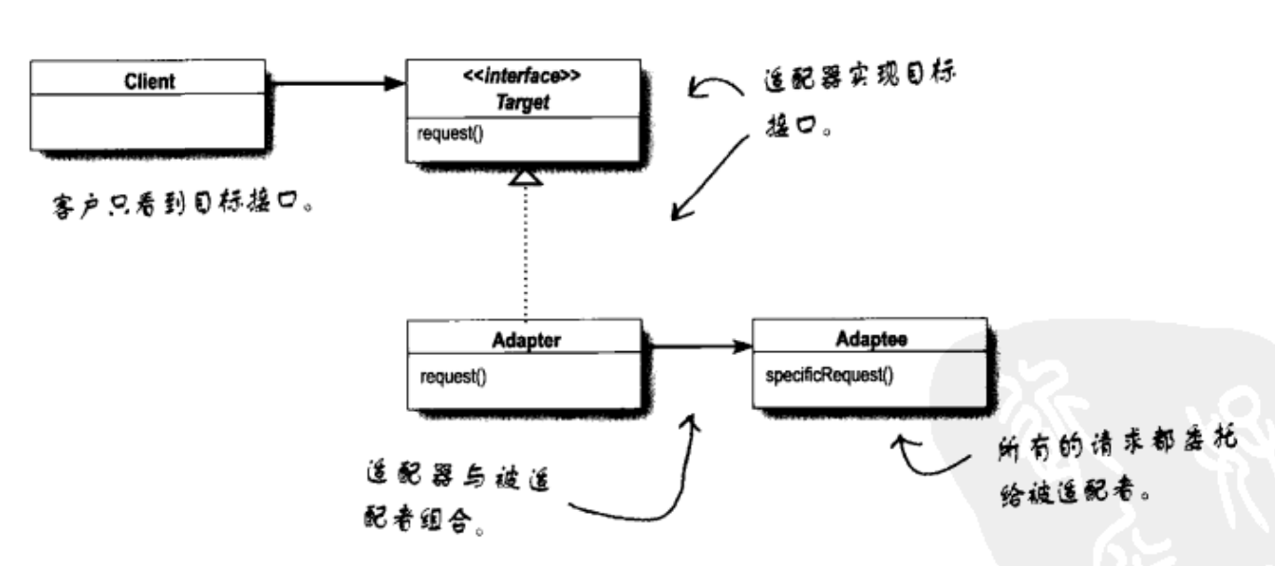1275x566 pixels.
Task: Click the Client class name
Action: (149, 81)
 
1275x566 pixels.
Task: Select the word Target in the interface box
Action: (523, 104)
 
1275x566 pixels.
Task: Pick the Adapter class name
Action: (525, 339)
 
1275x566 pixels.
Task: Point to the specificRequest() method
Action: (828, 376)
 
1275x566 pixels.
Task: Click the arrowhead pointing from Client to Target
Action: (395, 83)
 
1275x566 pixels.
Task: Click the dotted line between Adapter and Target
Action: (525, 252)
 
